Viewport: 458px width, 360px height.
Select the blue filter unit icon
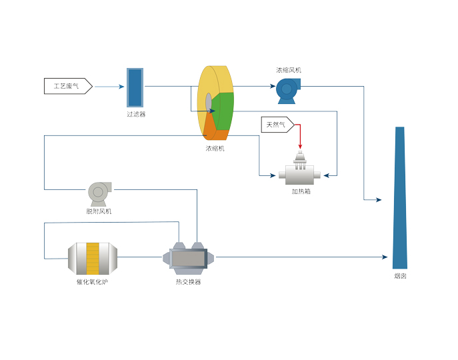(135, 87)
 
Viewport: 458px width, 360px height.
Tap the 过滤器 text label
(136, 114)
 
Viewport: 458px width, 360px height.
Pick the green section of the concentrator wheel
(223, 111)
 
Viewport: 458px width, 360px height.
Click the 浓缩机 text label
(215, 148)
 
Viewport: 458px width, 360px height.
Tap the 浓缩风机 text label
(289, 69)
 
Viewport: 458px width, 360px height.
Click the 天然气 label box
(276, 124)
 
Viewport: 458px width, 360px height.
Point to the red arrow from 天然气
(300, 137)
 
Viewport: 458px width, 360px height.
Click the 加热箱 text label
(301, 191)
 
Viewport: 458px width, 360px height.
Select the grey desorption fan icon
(98, 193)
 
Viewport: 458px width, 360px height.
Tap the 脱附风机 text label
(99, 211)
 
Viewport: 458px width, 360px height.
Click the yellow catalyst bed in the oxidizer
(93, 258)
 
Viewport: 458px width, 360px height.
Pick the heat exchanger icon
(189, 257)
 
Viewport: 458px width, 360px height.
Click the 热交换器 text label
(188, 282)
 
